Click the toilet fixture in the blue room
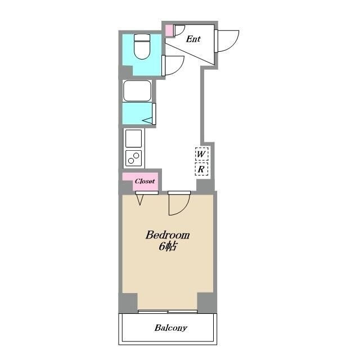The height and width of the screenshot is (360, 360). point(142,47)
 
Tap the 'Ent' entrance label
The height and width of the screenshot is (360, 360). point(193,39)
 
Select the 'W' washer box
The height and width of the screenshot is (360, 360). point(201,154)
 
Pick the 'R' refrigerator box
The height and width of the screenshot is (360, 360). point(201,169)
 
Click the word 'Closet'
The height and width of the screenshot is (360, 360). point(145,181)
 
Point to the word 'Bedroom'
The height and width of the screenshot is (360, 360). point(168,235)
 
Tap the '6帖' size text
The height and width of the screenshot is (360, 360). point(168,246)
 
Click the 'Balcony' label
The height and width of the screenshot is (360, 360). point(171,327)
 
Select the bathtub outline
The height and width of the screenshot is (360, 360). point(137,91)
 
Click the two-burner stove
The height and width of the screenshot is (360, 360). point(134,158)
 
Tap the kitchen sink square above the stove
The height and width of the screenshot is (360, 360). point(134,138)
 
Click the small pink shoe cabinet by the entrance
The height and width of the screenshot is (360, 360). point(169,30)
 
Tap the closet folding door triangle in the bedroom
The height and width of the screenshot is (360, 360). point(140,200)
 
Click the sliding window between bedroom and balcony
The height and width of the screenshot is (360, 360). point(168,312)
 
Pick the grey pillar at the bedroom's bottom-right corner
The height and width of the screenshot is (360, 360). point(206,303)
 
